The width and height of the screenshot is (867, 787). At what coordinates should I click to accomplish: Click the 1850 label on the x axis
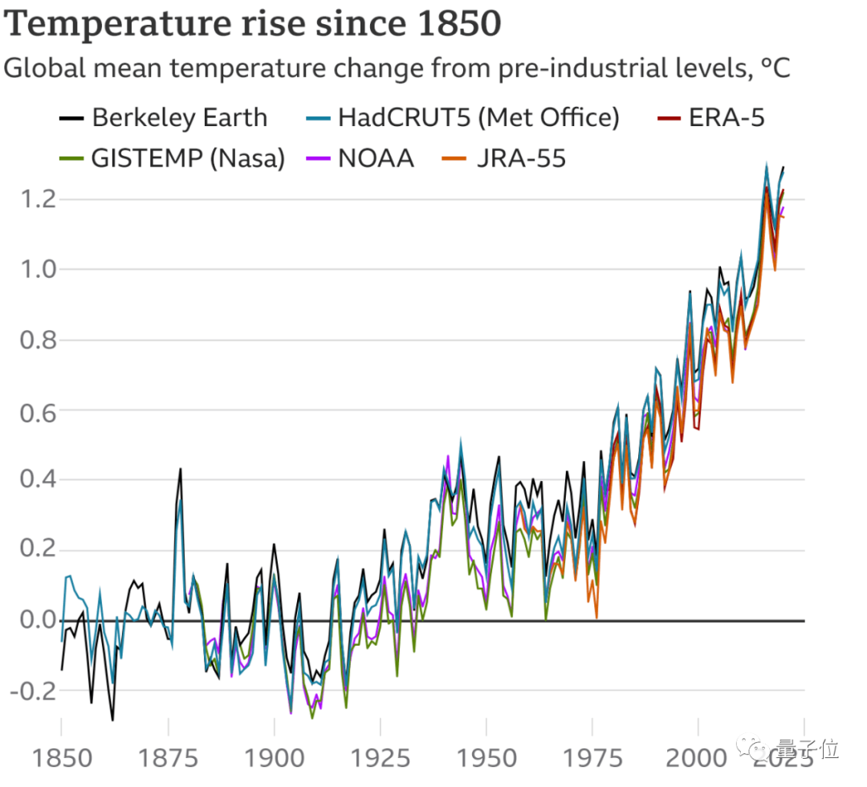[61, 756]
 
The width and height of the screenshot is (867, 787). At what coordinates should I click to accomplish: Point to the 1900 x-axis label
[274, 756]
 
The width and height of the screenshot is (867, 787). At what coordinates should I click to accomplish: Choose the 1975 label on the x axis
[592, 756]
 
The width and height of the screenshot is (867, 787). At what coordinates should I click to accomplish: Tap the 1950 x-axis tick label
[486, 756]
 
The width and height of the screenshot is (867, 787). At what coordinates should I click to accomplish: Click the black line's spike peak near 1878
[181, 468]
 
